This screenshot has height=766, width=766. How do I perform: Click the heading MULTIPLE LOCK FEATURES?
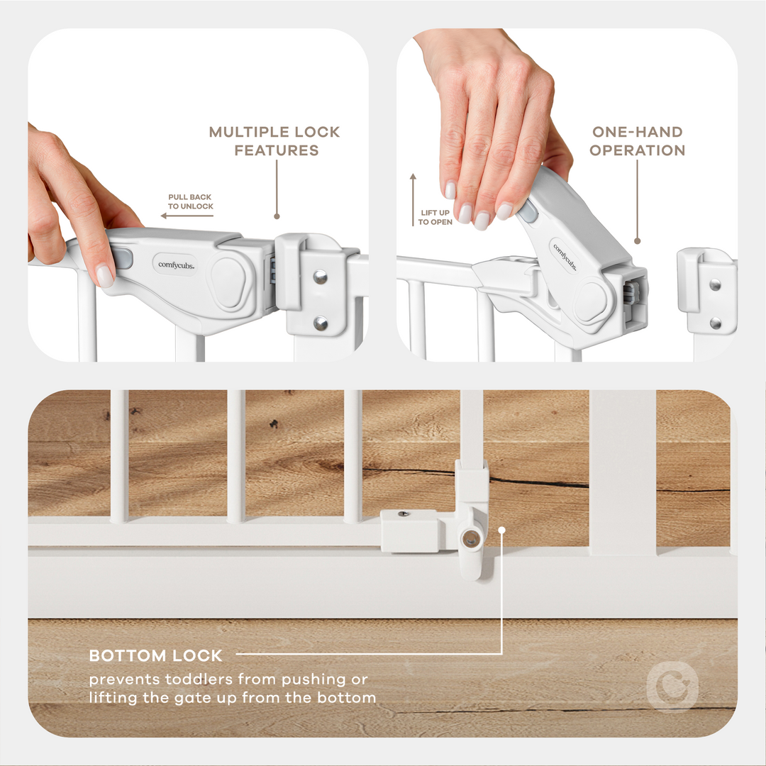pos(274,141)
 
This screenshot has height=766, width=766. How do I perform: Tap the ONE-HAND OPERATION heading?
pos(637,141)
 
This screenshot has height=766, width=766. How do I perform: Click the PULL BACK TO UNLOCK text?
pos(190,201)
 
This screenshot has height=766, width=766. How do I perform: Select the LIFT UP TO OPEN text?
pos(435,218)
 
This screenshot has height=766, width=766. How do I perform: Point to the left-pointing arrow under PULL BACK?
pos(187,216)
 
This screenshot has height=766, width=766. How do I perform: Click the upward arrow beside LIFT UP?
pos(412,199)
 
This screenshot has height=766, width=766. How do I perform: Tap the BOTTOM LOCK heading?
pos(156,655)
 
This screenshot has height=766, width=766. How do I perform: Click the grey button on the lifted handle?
pos(528,211)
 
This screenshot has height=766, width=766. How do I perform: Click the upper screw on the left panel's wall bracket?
pos(321,276)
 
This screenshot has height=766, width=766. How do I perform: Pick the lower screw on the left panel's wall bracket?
pos(321,323)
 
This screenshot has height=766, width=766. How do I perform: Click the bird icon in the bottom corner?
pos(672,687)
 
